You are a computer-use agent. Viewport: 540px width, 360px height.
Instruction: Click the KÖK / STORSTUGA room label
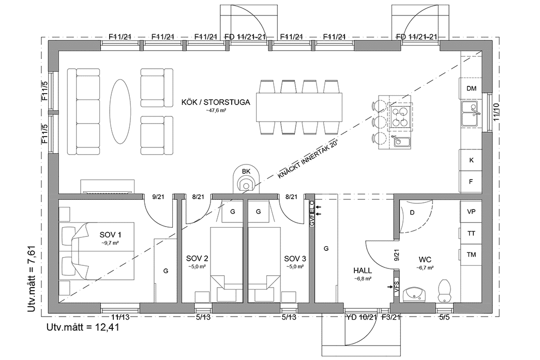[x=216, y=102]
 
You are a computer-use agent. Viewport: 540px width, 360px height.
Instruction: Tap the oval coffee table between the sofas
[x=120, y=111]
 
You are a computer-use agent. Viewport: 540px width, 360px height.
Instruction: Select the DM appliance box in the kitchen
[x=471, y=88]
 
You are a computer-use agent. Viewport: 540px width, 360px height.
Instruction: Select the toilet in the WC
[x=444, y=290]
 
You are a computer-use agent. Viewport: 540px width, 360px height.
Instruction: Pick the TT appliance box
[x=471, y=233]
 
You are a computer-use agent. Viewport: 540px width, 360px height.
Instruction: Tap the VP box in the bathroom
[x=471, y=212]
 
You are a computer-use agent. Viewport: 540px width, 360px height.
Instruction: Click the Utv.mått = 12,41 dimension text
[x=83, y=327]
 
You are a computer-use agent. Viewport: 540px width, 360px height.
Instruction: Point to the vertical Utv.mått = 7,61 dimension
[x=31, y=280]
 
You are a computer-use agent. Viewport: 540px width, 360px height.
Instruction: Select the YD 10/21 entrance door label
[x=361, y=317]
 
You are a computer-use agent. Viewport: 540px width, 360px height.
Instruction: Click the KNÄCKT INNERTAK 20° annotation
[x=308, y=159]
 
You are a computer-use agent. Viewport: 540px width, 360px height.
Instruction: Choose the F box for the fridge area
[x=471, y=182]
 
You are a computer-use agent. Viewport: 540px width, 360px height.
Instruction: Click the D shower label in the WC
[x=412, y=213]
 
